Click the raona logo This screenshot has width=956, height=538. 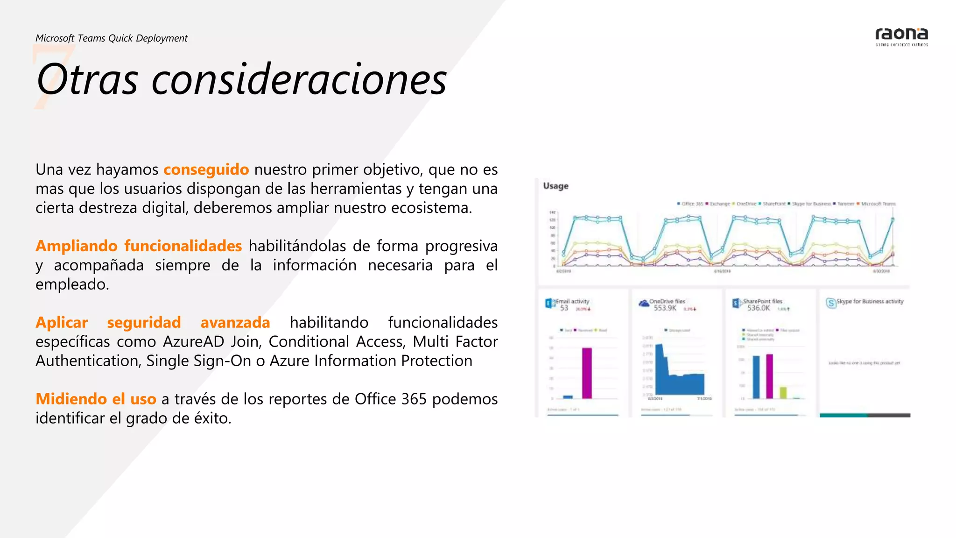[901, 36]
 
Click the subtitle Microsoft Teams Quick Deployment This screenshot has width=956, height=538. [112, 38]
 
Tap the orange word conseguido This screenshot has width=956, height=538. [206, 170]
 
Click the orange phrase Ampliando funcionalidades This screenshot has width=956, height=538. [139, 246]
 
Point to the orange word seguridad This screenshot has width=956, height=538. [144, 323]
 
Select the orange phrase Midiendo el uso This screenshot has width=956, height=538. [96, 399]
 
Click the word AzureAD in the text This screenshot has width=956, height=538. [194, 342]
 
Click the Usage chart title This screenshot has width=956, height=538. [555, 186]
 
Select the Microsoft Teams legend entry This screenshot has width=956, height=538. [878, 204]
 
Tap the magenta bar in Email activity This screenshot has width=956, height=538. [587, 373]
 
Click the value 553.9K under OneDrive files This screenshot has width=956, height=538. [665, 308]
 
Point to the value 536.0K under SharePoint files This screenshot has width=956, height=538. [758, 308]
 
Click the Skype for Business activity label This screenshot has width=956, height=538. [870, 302]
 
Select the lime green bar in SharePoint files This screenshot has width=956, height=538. [783, 392]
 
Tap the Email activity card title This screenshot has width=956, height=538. [572, 302]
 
